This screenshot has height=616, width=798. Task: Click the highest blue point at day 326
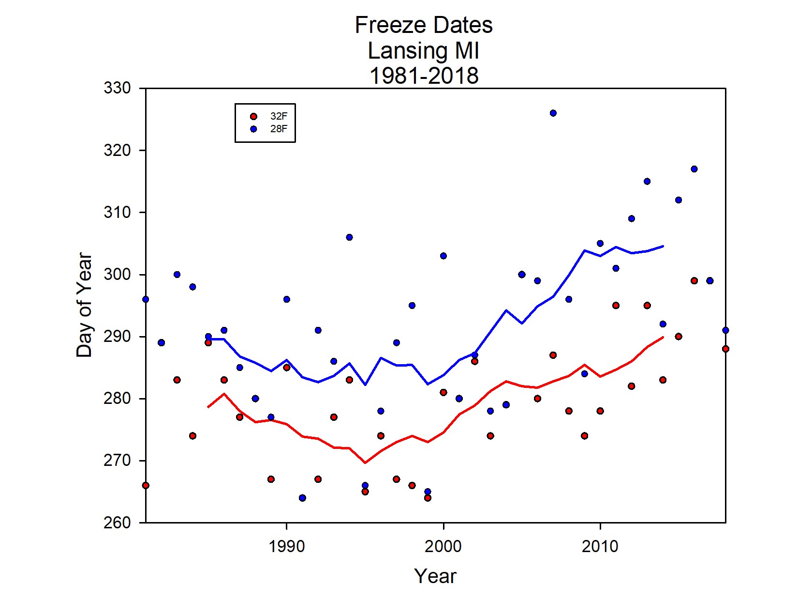(x=553, y=113)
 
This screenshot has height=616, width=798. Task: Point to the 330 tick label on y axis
(x=117, y=88)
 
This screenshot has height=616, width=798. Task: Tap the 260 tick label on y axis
(x=117, y=523)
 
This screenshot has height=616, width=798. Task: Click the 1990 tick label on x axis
(x=287, y=546)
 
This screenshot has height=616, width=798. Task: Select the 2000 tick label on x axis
(x=443, y=546)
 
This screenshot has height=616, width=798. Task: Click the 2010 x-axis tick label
(x=600, y=546)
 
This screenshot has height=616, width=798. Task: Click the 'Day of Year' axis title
(x=84, y=305)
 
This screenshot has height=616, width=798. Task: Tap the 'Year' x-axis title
(x=435, y=576)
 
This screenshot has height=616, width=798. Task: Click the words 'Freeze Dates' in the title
(x=424, y=25)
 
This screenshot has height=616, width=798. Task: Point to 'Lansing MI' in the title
(x=424, y=50)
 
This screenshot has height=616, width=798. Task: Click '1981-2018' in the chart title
(x=424, y=76)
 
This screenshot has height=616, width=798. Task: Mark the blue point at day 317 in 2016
(x=694, y=169)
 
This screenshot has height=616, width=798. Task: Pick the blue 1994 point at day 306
(x=349, y=237)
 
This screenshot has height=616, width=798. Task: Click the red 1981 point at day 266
(x=146, y=485)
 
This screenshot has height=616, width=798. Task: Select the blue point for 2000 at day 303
(x=443, y=256)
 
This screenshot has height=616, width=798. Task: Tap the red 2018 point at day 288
(x=725, y=349)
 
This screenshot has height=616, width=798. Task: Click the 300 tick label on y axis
(x=117, y=275)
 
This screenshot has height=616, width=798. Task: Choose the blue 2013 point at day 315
(x=647, y=182)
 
